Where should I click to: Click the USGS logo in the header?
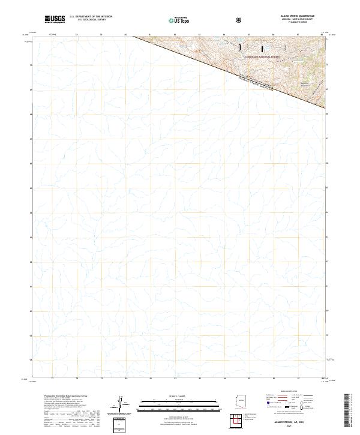click(x=54, y=20)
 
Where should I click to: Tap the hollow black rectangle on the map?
click(x=239, y=46)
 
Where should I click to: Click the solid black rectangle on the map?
click(x=262, y=47)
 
